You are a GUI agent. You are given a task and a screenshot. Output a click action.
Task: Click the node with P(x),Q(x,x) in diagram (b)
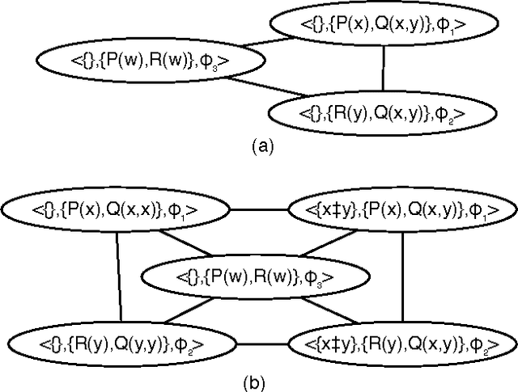pyautogui.click(x=115, y=210)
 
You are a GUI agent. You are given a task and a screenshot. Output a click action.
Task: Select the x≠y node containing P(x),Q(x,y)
pyautogui.click(x=402, y=210)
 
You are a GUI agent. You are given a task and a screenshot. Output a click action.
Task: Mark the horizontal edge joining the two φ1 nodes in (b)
pyautogui.click(x=259, y=210)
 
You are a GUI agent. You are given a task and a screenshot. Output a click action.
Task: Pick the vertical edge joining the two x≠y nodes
pyautogui.click(x=402, y=275)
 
